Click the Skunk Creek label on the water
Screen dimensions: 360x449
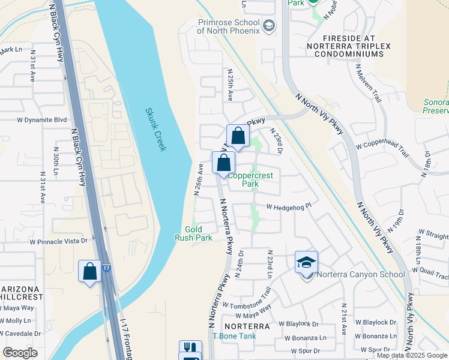pos(155,130)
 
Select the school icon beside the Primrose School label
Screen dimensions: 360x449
pos(270,25)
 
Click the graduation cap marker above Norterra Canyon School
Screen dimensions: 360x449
pos(306,262)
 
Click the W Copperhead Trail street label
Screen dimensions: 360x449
pos(382,150)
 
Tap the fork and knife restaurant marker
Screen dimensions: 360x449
pos(190,347)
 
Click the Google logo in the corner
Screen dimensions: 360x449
pos(20,352)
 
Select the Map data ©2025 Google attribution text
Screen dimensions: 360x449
pos(412,355)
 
